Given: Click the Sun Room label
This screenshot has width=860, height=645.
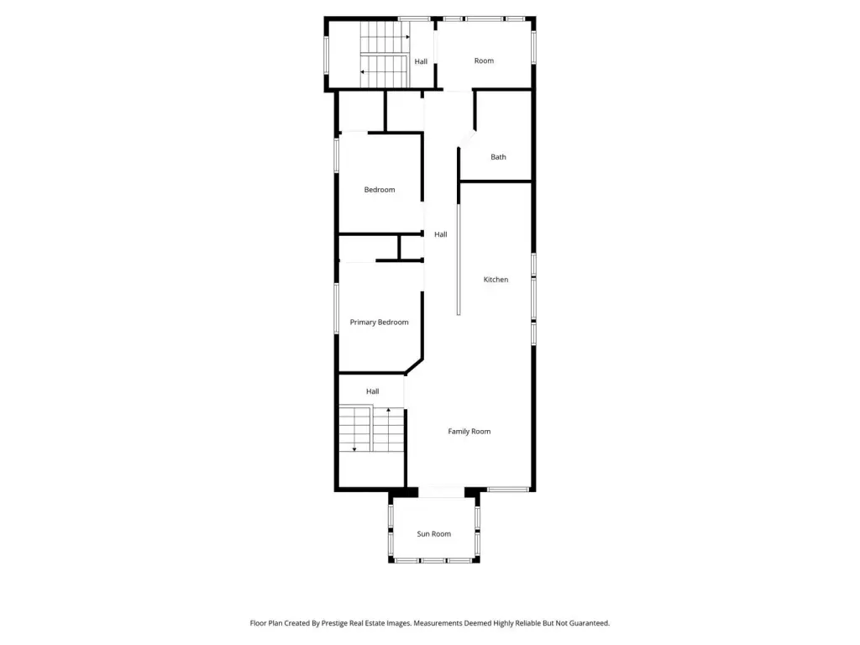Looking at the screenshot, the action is (434, 533).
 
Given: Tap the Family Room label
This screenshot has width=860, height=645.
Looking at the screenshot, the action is (469, 431).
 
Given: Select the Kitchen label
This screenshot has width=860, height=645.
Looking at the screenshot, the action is (496, 279).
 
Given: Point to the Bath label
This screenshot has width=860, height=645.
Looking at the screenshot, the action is (498, 157).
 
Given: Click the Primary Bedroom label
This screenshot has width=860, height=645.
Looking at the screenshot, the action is (379, 322).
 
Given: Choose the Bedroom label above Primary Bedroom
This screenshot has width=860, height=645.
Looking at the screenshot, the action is (380, 190).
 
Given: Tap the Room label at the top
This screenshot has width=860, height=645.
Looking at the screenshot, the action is (484, 60).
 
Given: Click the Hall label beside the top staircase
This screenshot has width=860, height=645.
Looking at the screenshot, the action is (421, 61).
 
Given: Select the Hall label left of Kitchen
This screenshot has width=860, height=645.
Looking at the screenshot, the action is (440, 234).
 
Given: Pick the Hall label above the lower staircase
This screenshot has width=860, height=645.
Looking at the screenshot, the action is (372, 391).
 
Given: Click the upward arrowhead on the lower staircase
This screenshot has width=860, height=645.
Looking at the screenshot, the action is (388, 410).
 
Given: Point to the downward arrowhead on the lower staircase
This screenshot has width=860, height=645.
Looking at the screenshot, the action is (354, 449).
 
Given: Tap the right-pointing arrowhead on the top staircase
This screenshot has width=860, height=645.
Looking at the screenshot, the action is (407, 37).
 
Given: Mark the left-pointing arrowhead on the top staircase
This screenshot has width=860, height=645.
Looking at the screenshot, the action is (363, 72).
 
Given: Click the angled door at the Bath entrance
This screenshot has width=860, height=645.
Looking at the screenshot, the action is (467, 139).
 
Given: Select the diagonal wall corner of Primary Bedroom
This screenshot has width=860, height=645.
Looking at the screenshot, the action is (414, 366).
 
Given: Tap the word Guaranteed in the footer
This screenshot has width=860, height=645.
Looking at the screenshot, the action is (589, 623).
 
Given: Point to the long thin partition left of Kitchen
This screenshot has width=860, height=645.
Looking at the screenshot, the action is (459, 259).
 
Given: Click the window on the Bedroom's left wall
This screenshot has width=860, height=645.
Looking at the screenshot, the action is (337, 155).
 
